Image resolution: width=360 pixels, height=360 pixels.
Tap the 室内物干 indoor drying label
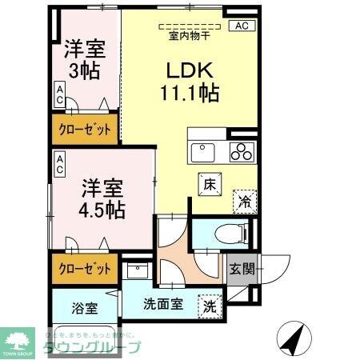tap(189, 35)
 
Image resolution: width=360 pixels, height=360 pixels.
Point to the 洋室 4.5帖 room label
tap(102, 199)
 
